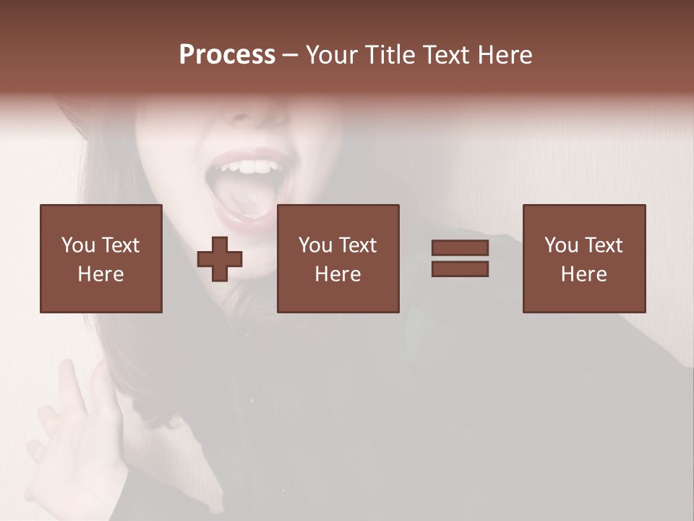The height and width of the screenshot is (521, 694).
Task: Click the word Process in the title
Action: (227, 55)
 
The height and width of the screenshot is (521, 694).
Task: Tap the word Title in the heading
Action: (390, 55)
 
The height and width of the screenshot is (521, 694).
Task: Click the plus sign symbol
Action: (220, 258)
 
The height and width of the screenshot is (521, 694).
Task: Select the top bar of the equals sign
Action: (460, 248)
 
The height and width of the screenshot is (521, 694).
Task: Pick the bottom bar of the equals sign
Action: (460, 268)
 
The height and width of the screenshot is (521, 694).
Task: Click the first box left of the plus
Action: (100, 258)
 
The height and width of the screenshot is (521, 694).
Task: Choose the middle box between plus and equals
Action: (338, 258)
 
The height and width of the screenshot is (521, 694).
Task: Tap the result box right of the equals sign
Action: (583, 258)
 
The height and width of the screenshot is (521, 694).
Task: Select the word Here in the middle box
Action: (338, 274)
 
